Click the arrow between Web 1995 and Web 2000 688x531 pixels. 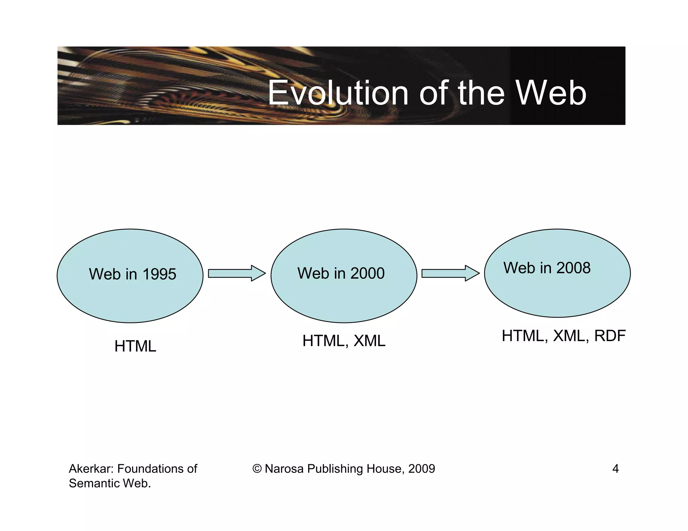(236, 273)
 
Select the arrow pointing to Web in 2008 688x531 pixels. (450, 273)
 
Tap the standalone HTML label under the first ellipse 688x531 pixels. (135, 346)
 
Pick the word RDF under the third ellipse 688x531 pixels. (610, 336)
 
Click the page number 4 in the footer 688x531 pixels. (615, 469)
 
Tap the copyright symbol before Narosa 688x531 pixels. (257, 469)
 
